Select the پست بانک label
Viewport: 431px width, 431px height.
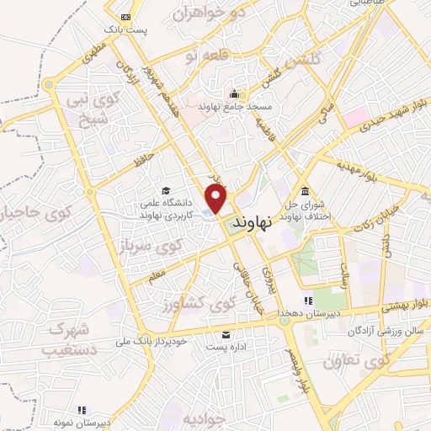point(125,30)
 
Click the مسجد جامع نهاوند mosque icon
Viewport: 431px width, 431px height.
point(233,93)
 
